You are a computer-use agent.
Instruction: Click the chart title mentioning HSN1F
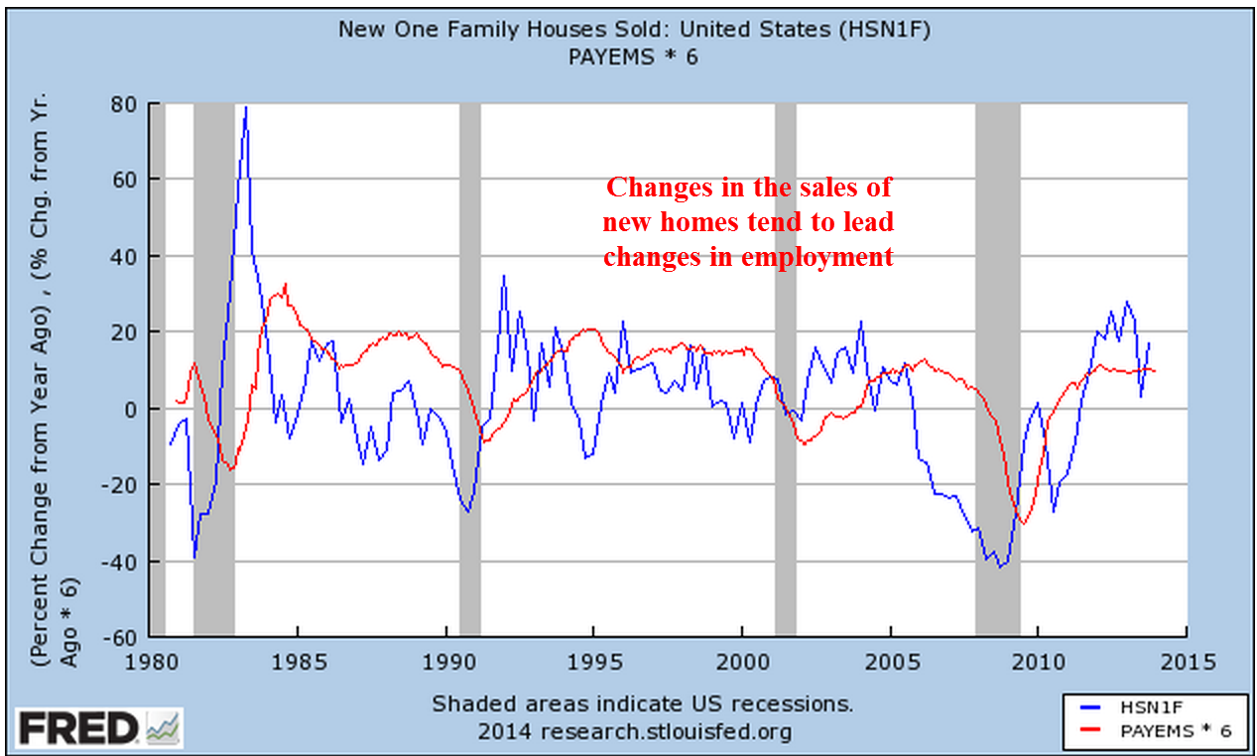[634, 28]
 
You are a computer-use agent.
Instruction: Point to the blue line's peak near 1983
[246, 107]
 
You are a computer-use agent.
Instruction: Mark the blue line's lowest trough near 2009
[1001, 567]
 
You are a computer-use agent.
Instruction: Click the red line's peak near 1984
[286, 285]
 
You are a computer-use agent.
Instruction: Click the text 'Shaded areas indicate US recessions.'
[642, 704]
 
